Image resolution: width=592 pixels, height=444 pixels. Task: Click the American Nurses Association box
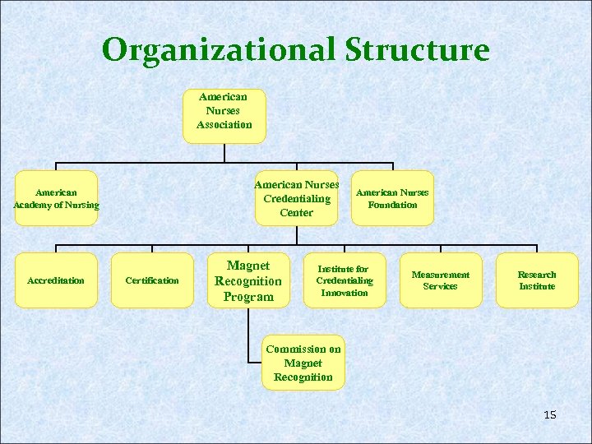pos(224,116)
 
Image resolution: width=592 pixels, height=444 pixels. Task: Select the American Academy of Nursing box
pos(56,198)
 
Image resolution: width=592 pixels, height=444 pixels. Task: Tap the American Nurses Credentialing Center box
pos(296,198)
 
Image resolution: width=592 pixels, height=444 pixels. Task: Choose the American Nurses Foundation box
pos(392,198)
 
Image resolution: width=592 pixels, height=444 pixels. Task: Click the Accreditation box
pos(56,280)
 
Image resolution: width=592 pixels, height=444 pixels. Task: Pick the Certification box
pos(152,280)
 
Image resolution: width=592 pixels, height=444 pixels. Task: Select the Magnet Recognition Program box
pos(248,280)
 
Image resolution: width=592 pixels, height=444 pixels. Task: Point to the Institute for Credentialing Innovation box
pos(345,280)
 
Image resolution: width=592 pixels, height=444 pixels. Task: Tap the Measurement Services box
pos(441,280)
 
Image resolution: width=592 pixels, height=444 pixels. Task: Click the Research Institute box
pos(537,280)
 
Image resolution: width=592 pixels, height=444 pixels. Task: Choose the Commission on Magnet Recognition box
pos(303,363)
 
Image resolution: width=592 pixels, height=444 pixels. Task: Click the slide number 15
pos(550,415)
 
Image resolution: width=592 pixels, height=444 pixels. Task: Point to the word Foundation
pos(392,205)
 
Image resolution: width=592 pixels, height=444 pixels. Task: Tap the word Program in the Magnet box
pos(248,296)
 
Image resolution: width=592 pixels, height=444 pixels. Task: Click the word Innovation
pos(345,293)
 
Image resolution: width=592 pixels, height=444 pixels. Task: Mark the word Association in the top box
pos(224,125)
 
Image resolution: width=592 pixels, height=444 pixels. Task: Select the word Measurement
pos(441,275)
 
